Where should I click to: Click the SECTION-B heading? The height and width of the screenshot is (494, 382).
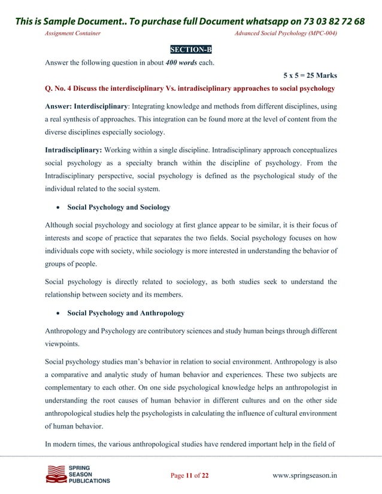click(191, 48)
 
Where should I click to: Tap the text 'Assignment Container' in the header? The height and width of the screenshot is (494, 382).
click(73, 33)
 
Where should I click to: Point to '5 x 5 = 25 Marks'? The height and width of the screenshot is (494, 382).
click(310, 76)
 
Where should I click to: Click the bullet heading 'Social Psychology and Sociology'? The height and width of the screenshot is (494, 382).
click(119, 208)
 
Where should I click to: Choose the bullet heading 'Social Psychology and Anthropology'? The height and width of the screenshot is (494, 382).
click(126, 313)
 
